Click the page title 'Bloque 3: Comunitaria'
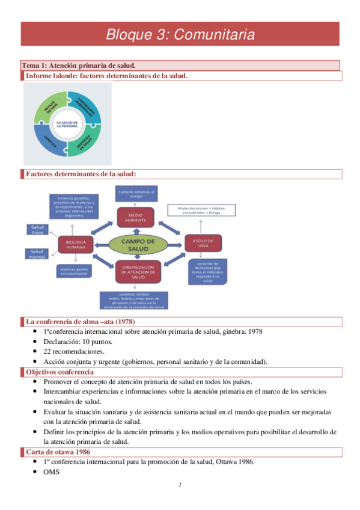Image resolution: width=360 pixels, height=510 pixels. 180,34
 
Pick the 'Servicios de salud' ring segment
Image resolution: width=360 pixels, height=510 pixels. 90,142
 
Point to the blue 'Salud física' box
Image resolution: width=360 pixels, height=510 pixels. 35,229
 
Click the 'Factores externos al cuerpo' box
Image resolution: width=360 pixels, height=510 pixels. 136,194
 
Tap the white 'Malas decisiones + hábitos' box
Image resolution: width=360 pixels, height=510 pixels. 201,209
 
